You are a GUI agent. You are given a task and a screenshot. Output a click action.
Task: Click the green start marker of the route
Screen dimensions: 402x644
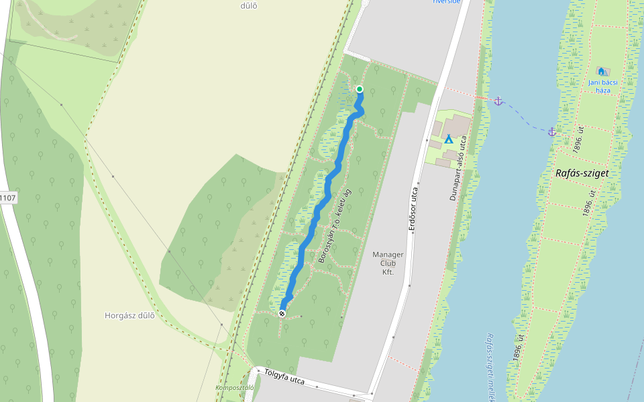360,89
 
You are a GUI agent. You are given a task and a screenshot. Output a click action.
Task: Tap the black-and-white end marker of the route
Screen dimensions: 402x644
282,313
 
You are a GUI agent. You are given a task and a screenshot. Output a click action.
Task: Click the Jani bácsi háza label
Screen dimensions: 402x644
602,86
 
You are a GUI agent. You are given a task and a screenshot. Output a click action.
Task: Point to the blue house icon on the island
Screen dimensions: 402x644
601,71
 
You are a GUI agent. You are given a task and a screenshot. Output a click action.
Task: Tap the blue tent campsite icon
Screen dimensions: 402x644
449,139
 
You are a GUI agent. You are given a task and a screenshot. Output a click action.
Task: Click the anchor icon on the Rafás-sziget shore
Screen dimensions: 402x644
552,132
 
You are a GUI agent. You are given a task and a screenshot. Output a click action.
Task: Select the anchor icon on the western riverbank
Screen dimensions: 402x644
498,101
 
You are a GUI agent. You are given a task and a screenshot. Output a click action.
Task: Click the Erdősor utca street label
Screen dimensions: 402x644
414,210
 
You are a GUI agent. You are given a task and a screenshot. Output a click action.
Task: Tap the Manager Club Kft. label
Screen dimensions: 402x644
388,263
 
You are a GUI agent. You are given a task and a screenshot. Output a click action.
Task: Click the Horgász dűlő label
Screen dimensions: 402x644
129,316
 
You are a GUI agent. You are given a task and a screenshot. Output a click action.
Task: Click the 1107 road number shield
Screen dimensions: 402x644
7,198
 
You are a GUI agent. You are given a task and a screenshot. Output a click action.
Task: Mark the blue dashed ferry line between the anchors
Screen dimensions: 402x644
525,119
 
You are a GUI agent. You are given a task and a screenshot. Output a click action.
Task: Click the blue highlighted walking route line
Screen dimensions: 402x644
315,221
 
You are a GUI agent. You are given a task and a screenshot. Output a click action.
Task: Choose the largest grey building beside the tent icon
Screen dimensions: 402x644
456,124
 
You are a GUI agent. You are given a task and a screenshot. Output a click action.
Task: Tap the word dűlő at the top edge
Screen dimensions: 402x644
249,6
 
